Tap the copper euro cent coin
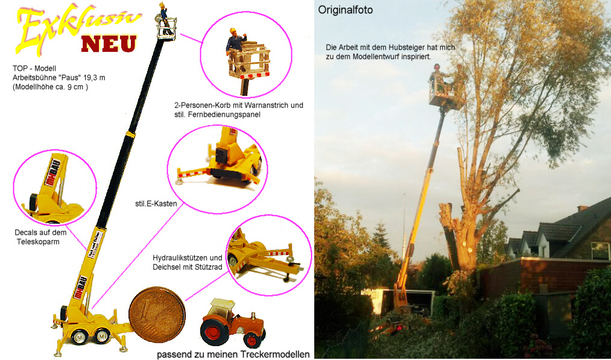157,315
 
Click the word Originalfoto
346,10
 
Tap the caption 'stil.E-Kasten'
156,204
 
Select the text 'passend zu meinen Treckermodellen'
233,354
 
